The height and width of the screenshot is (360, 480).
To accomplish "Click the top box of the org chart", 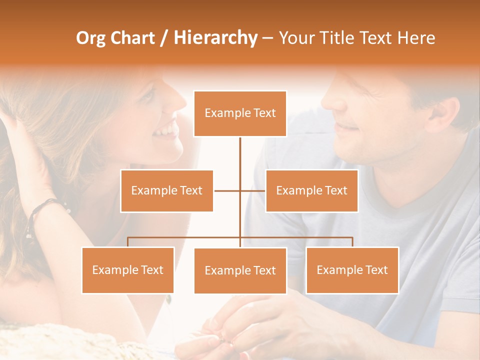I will pyautogui.click(x=240, y=113).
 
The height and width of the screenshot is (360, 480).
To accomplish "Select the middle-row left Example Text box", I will pyautogui.click(x=167, y=190).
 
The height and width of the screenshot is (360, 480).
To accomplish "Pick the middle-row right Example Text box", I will pyautogui.click(x=311, y=190).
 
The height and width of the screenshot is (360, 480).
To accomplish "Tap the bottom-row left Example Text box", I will pyautogui.click(x=128, y=270).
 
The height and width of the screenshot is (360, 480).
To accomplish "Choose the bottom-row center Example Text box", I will pyautogui.click(x=240, y=270).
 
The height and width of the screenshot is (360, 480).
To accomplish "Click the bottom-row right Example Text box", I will pyautogui.click(x=352, y=270).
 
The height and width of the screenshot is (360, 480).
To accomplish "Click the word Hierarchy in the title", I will pyautogui.click(x=215, y=38).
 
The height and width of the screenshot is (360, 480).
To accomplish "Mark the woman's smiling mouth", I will pyautogui.click(x=166, y=131).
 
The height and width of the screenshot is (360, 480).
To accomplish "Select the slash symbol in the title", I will pyautogui.click(x=163, y=38).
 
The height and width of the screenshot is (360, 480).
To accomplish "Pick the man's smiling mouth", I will pyautogui.click(x=346, y=128).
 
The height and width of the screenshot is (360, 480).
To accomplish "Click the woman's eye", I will pyautogui.click(x=148, y=95).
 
